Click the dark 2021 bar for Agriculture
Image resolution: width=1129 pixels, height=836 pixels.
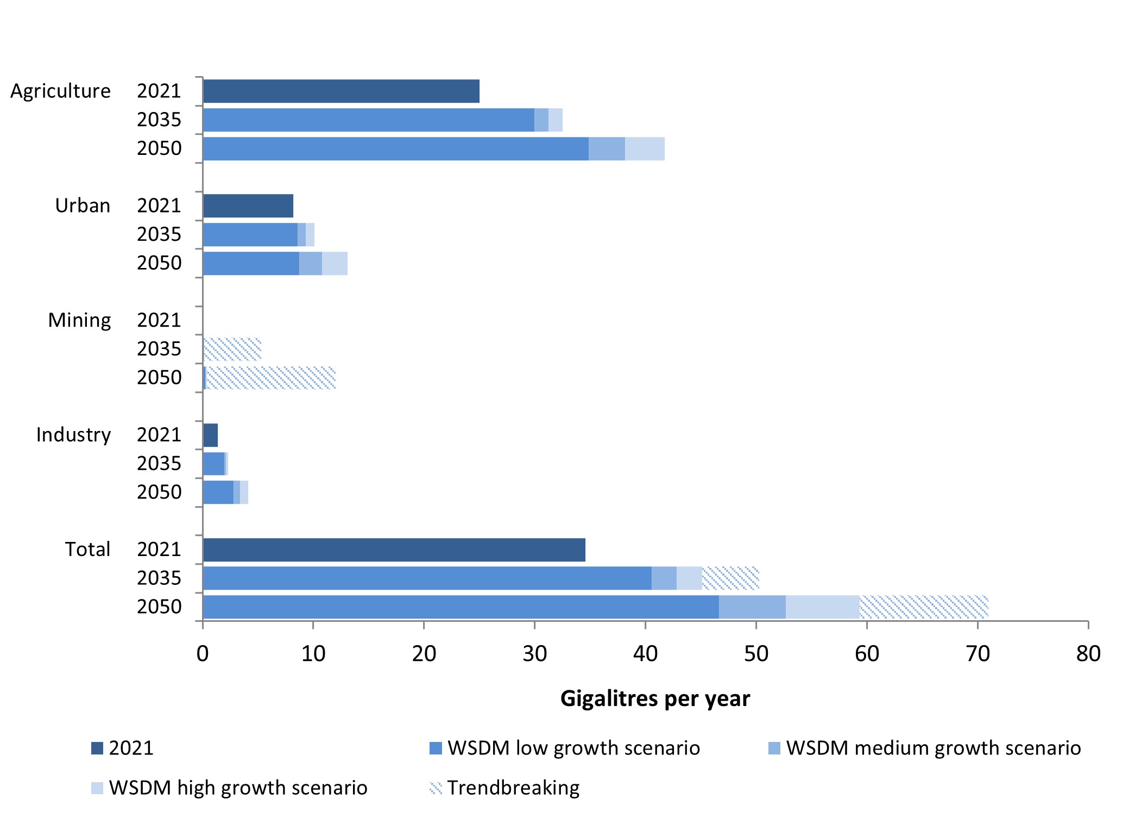point(341,91)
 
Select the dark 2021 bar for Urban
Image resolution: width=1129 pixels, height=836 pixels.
point(248,205)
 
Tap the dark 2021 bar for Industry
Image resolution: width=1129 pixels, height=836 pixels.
point(210,435)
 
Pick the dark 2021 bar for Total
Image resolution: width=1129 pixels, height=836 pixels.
point(394,550)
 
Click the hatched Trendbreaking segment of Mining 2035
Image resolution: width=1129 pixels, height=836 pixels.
point(232,349)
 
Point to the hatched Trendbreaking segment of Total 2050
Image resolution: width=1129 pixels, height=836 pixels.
point(923,607)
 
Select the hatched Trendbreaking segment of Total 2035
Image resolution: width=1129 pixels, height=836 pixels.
point(730,578)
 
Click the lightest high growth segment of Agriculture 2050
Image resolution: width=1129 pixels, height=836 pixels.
point(645,148)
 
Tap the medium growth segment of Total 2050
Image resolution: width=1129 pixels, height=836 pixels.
point(752,607)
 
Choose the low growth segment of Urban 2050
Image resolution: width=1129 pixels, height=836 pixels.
point(251,263)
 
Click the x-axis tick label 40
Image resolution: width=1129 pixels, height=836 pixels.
point(645,653)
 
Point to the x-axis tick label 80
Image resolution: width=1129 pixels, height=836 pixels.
point(1088,653)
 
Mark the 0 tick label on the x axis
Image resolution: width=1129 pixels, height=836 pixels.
point(203,653)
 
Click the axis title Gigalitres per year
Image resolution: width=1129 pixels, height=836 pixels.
point(655,698)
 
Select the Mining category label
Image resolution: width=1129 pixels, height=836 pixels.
point(79,320)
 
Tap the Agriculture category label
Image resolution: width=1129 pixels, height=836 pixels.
point(60,91)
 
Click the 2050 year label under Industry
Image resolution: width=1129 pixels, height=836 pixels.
point(159,492)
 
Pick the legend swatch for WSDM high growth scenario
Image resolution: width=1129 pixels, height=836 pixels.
point(97,788)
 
